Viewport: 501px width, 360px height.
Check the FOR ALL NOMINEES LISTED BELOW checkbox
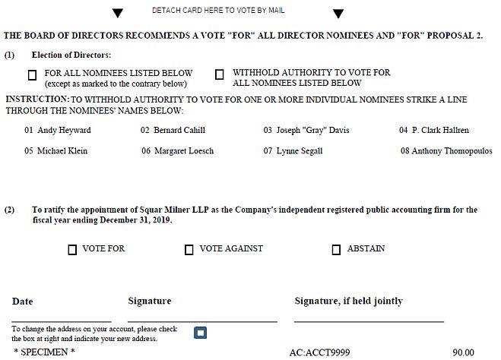[x=32, y=75]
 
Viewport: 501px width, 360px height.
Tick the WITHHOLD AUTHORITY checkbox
[x=220, y=74]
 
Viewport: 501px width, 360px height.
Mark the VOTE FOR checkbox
[x=72, y=250]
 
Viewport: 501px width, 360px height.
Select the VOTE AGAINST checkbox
[x=189, y=250]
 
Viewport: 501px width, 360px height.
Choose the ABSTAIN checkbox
[x=337, y=250]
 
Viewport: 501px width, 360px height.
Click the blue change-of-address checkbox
[x=200, y=333]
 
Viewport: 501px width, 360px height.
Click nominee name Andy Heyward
[x=65, y=130]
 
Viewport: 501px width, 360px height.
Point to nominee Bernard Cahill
[x=179, y=130]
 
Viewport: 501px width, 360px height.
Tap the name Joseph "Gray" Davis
[x=313, y=130]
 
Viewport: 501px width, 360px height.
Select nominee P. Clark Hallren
[x=440, y=130]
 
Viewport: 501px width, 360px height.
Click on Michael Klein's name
[x=62, y=150]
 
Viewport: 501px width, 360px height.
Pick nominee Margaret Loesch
[x=184, y=150]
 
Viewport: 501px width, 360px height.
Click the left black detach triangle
[x=117, y=14]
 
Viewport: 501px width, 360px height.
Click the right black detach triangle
[x=338, y=14]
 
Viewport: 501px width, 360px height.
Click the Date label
[x=23, y=302]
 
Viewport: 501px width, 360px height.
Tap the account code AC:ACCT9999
[x=320, y=352]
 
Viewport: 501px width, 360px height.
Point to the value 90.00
[x=463, y=352]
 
